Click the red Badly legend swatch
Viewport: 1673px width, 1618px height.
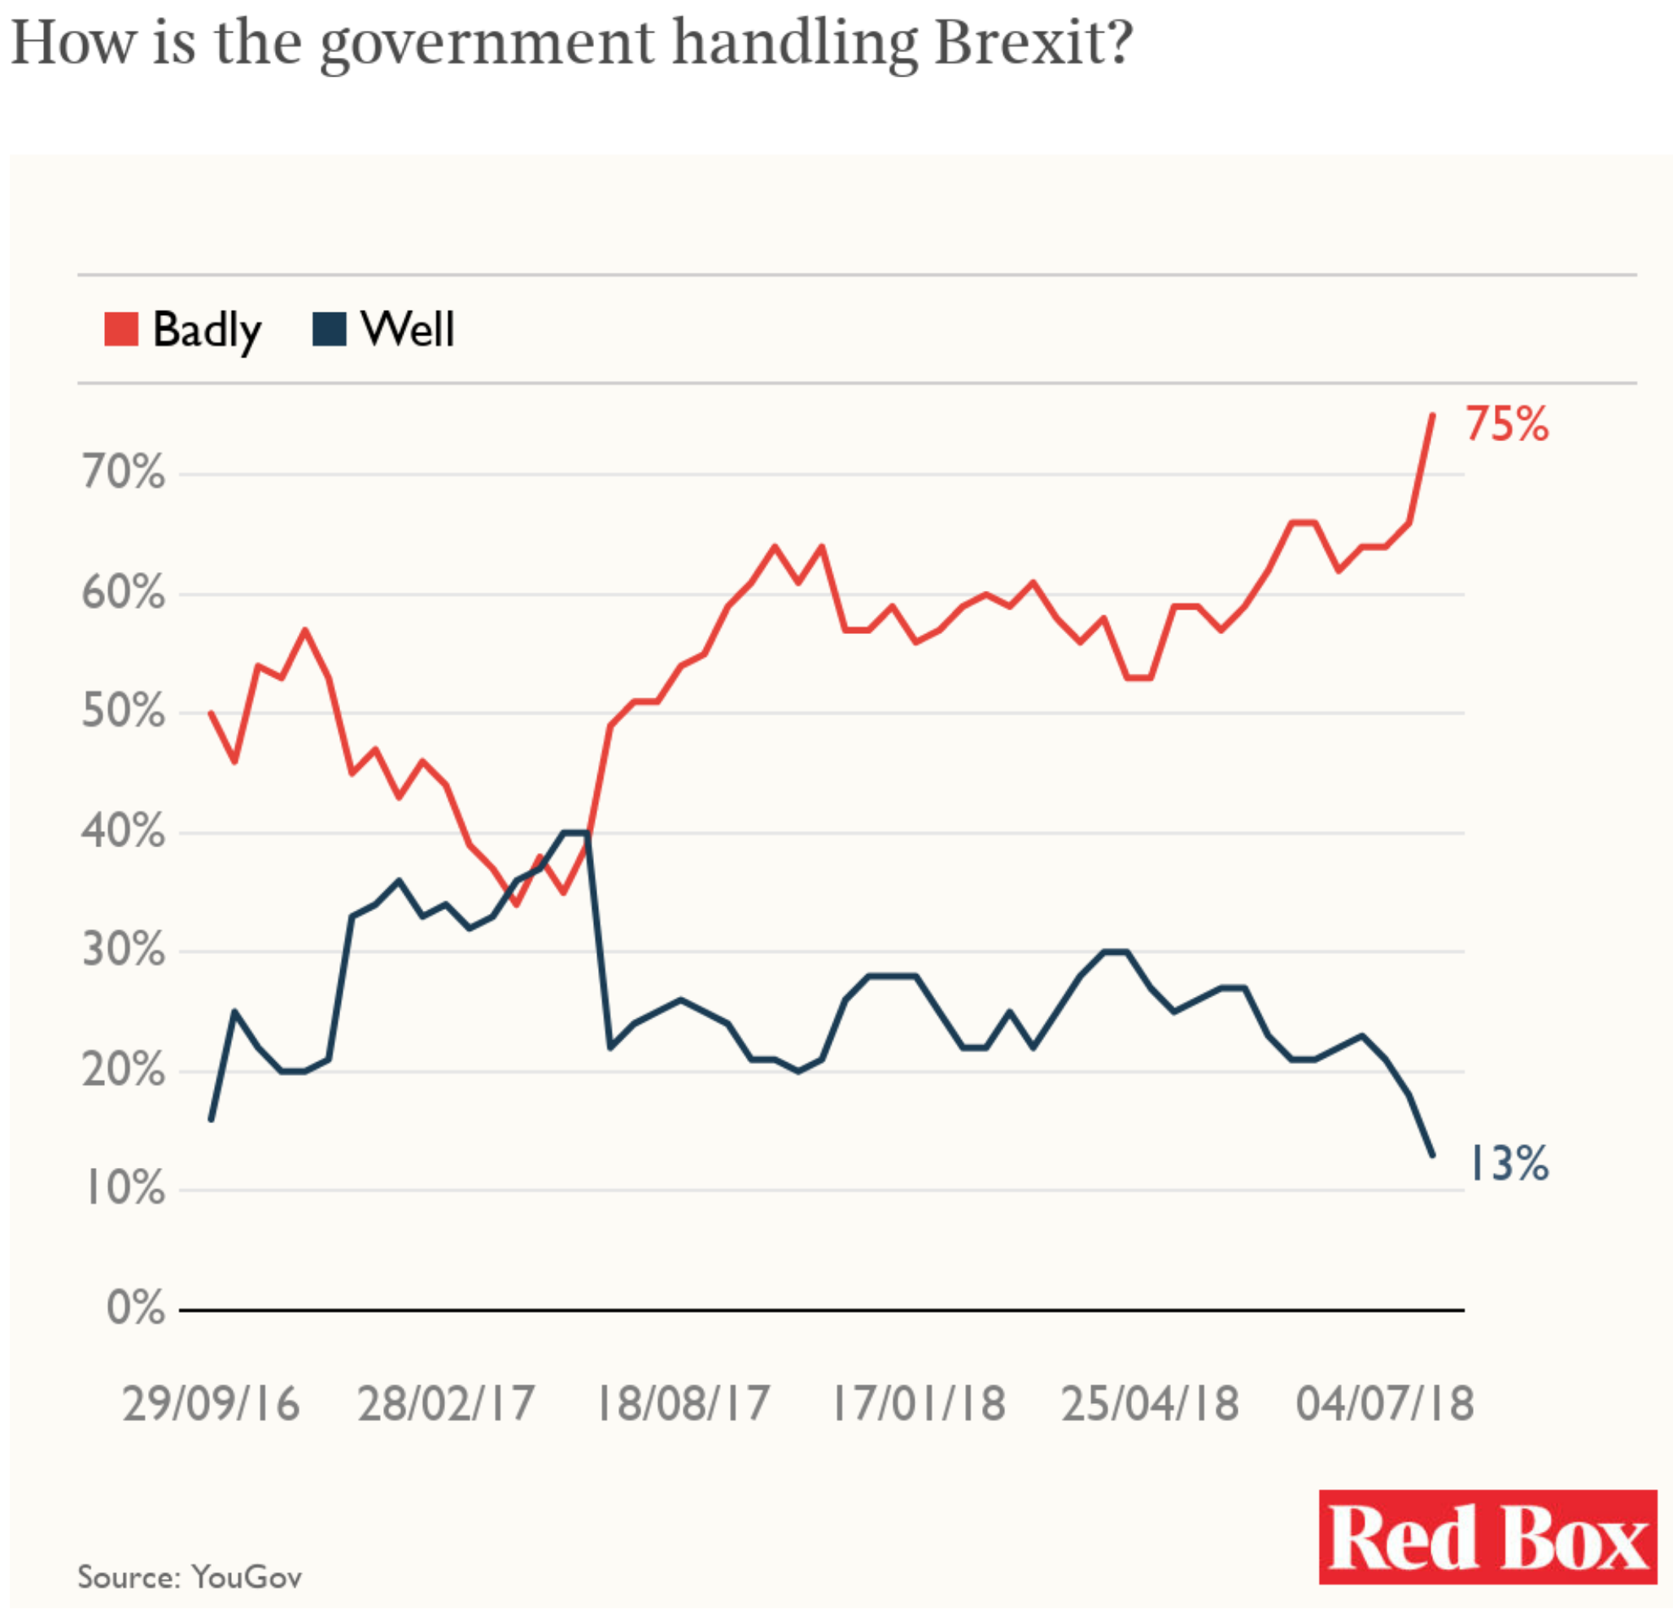(121, 330)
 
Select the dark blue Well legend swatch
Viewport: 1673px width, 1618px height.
(330, 330)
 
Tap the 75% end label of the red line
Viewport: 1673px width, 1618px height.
(1506, 424)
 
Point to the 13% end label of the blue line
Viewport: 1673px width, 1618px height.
(1509, 1164)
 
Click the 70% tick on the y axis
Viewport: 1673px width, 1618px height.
(124, 472)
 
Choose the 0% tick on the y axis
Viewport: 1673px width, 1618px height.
(136, 1308)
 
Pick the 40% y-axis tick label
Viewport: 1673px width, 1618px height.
(124, 831)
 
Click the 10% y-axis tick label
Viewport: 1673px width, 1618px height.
(124, 1188)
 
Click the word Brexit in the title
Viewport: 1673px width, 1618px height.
(1033, 42)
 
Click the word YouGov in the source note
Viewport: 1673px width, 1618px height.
(247, 1577)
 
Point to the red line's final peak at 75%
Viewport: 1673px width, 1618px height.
(1432, 415)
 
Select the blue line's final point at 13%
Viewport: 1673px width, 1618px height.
(1432, 1155)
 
